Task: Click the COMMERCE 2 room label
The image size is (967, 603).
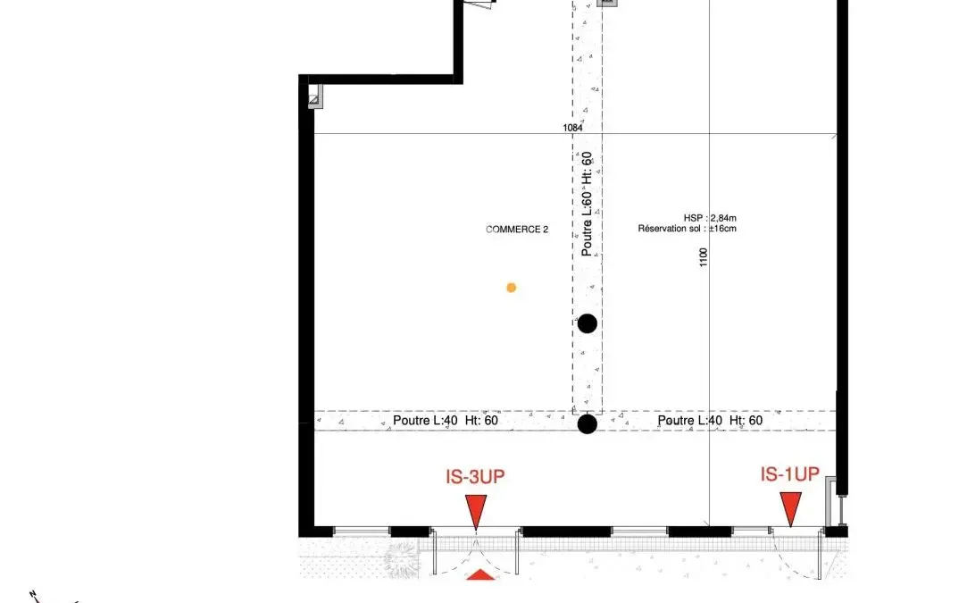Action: click(x=517, y=230)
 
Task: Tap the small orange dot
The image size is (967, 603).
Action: click(x=512, y=288)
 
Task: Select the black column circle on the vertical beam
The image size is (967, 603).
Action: click(x=588, y=323)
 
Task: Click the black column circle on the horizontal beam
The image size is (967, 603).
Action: click(x=588, y=424)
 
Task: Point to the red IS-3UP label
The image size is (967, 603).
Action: click(x=475, y=476)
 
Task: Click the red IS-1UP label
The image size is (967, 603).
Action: click(x=790, y=474)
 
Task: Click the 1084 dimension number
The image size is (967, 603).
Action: click(x=572, y=128)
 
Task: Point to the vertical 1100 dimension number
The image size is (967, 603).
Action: click(x=704, y=257)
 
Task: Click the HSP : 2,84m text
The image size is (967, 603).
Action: click(x=710, y=218)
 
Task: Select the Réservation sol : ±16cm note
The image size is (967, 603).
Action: click(x=687, y=229)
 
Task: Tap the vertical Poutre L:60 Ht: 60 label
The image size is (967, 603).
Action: click(x=587, y=205)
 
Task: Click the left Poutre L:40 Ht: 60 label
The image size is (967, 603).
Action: click(x=446, y=420)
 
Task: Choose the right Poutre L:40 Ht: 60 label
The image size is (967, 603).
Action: click(x=710, y=420)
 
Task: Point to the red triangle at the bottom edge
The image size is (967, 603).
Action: click(x=481, y=575)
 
